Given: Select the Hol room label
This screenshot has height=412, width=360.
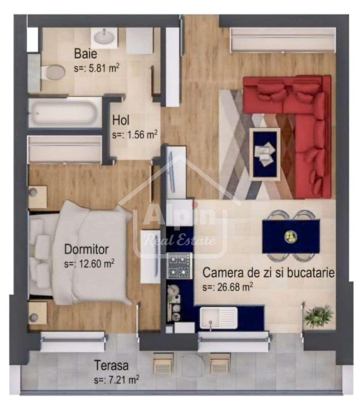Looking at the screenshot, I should tap(121, 121).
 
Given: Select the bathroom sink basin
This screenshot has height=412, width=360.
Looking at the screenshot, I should tap(104, 37).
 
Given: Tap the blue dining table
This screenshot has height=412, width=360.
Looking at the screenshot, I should tap(291, 236).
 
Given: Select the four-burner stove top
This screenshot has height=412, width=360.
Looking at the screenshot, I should tap(179, 266).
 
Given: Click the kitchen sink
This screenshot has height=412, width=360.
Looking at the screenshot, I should tap(219, 318).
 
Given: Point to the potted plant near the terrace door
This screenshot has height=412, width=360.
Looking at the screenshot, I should tap(318, 315).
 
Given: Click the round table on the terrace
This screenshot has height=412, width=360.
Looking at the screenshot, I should tap(193, 366).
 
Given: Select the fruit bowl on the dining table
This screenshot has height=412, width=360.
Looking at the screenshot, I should tap(290, 237).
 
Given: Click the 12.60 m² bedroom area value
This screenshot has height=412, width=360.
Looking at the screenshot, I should tap(90, 264).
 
